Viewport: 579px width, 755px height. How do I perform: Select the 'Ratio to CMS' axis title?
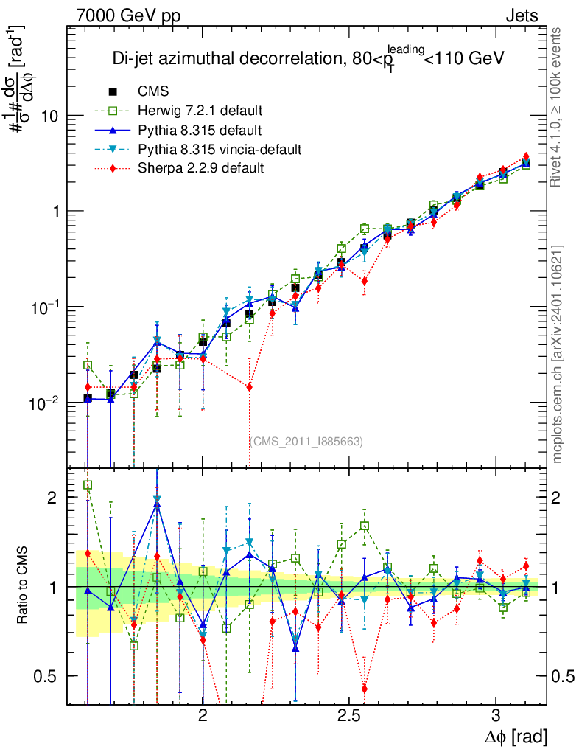point(24,585)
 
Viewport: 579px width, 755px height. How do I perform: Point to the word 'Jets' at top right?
point(522,15)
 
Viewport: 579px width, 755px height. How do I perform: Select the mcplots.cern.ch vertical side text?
point(558,353)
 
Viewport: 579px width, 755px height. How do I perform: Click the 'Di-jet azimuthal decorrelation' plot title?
point(308,59)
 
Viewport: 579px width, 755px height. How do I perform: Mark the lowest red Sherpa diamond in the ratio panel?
point(364,689)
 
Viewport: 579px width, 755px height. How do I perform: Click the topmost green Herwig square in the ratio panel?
point(88,485)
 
